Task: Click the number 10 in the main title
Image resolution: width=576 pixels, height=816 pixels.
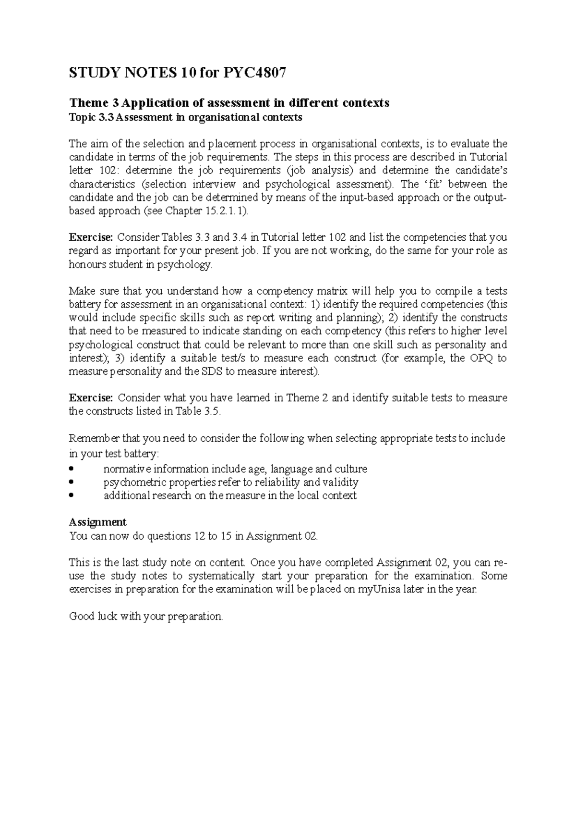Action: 189,73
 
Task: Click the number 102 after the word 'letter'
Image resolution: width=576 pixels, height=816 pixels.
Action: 104,171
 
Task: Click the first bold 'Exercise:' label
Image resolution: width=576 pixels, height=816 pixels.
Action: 91,237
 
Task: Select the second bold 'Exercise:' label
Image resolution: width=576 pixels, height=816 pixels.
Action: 91,398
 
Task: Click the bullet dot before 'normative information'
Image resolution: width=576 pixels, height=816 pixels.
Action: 72,469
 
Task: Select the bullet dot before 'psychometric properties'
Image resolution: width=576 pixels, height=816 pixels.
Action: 72,482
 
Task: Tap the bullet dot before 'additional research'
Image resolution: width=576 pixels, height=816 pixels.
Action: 72,496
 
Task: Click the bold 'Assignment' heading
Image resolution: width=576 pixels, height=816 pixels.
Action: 98,522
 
